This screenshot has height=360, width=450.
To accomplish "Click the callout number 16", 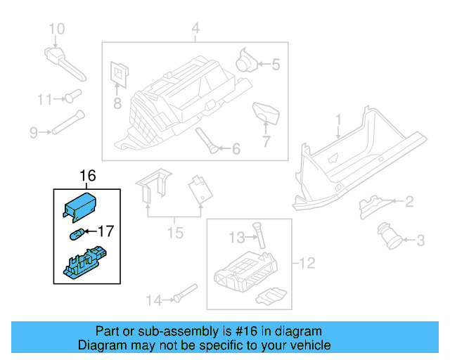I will [87, 176].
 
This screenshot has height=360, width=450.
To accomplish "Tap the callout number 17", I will [105, 230].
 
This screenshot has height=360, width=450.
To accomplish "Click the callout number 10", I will [56, 29].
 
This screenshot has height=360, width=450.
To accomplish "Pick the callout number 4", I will [195, 29].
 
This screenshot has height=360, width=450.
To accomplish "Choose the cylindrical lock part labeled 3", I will [390, 234].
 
